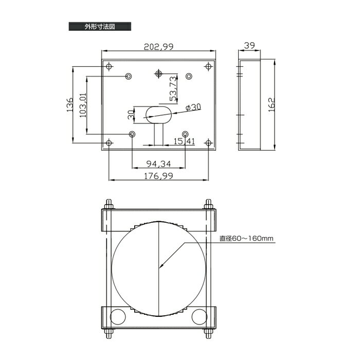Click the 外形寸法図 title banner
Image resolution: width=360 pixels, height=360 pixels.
pos(100,26)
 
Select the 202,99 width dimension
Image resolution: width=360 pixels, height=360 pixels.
pos(158,47)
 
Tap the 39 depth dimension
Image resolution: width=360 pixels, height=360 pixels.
pos(249,45)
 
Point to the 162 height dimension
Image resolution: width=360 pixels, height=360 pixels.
pos(272,105)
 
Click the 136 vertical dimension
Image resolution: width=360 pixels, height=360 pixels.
pos(70,105)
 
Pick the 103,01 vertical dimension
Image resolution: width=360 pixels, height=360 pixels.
pos(83,105)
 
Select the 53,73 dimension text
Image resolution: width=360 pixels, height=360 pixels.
pos(174,88)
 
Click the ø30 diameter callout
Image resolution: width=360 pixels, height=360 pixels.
pos(193,107)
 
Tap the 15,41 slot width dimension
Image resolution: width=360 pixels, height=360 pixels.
pos(184,141)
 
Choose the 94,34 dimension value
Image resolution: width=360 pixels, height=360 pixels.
pos(158,164)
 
